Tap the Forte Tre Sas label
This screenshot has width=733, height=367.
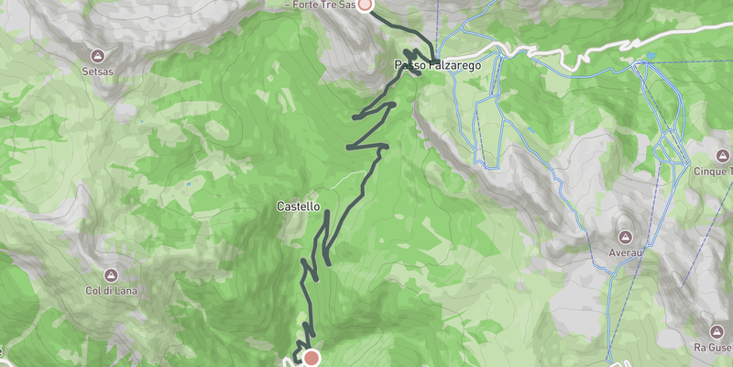click(320, 5)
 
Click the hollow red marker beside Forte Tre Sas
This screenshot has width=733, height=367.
click(365, 4)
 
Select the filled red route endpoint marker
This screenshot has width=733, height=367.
click(312, 358)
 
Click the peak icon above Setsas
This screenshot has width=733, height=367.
click(98, 53)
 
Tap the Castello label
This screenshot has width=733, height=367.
click(298, 207)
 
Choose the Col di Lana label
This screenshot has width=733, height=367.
click(110, 291)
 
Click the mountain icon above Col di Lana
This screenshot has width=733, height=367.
click(110, 275)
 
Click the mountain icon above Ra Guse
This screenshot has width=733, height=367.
click(717, 329)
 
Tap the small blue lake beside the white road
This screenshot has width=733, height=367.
click(650, 57)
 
